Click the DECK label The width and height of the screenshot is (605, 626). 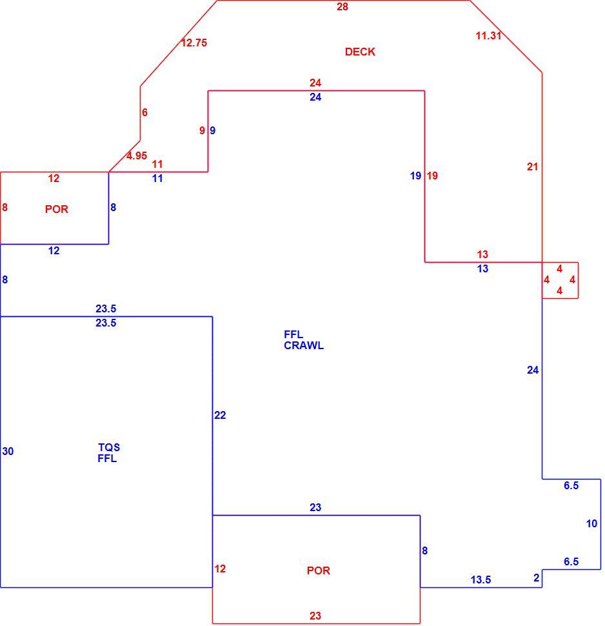pos(360,52)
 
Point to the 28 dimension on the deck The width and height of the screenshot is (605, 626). pos(342,7)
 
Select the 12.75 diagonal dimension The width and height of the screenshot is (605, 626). pos(194,43)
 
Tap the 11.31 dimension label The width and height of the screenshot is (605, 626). pos(488,35)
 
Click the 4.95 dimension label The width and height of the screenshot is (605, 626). pos(137,156)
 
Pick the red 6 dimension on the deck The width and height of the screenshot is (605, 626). pos(145,112)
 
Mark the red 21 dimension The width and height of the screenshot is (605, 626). pos(533,167)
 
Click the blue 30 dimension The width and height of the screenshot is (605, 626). pos(8,451)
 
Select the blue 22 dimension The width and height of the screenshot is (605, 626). pos(220,415)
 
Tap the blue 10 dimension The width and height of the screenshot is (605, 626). pos(592,523)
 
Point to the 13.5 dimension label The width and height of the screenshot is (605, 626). pos(481,580)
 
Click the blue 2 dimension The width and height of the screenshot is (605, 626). pos(537,578)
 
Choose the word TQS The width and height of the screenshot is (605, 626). pos(109,447)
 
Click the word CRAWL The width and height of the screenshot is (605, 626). pos(304,345)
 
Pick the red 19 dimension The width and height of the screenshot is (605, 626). pos(432,176)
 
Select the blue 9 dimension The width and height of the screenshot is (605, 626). pos(213,130)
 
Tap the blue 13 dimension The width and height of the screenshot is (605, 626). pos(483,268)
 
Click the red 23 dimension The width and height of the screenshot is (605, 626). pos(315,616)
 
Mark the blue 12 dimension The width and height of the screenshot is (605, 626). pos(54,250)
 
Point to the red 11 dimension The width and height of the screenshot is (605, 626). pos(157,164)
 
